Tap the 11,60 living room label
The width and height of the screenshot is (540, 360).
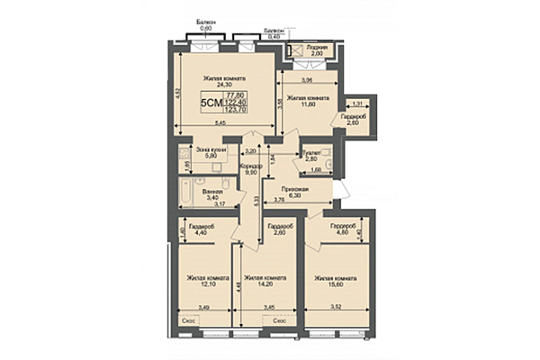click(x=308, y=103)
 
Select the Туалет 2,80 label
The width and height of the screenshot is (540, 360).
click(x=312, y=156)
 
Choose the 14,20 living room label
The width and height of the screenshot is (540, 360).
click(x=267, y=283)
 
